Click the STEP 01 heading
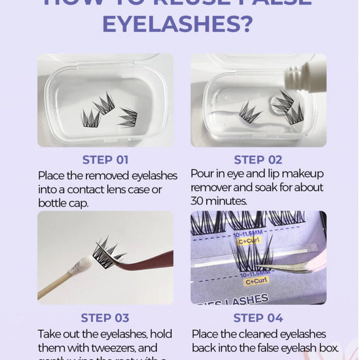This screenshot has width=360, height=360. (105, 159)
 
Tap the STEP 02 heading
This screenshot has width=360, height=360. (258, 159)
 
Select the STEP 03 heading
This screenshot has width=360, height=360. (105, 318)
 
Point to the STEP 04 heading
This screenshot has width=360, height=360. (258, 318)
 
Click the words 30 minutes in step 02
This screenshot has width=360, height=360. (219, 200)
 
